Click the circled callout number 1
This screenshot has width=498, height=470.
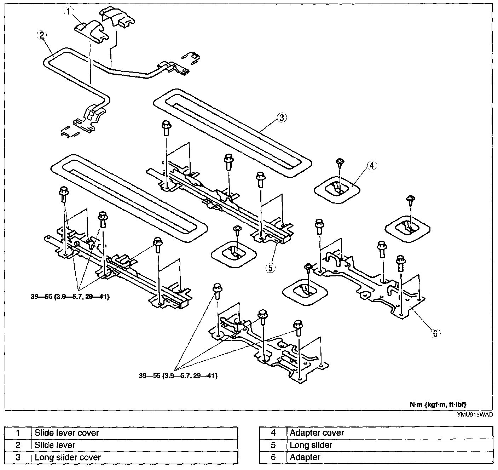point(68,12)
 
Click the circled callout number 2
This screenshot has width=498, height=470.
point(42,35)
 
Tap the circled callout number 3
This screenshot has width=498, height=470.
point(282,118)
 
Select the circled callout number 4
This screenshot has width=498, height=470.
point(372,165)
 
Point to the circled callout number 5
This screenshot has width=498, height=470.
point(270,268)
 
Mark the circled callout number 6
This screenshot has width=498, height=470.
point(435,333)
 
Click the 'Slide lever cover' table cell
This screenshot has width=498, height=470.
point(134,433)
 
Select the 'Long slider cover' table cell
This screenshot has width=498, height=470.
point(134,457)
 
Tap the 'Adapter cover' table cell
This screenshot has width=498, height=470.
point(389,433)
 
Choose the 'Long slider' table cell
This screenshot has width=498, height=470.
point(389,445)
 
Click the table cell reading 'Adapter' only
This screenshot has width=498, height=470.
point(389,457)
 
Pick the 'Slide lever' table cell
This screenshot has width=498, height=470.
point(134,445)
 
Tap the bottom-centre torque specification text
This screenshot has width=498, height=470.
point(178,376)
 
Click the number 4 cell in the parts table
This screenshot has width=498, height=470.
point(273,433)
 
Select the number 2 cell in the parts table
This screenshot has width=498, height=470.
point(18,445)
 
